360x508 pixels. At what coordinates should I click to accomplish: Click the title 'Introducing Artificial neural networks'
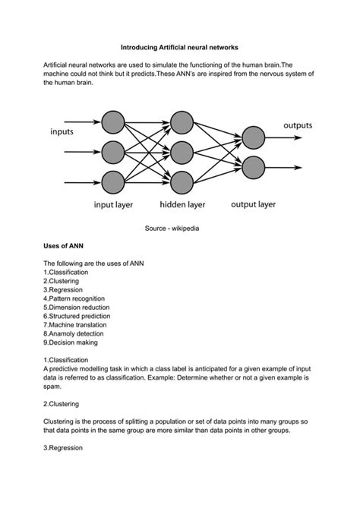tap(179, 47)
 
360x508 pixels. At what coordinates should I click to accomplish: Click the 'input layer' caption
tap(114, 204)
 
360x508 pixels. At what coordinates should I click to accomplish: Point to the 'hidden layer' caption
tap(182, 204)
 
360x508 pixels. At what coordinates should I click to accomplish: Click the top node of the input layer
tap(112, 121)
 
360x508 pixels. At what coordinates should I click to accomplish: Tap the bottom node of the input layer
tap(112, 182)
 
